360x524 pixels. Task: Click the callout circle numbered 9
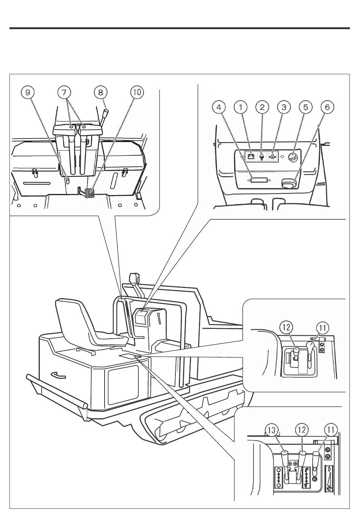pos(28,92)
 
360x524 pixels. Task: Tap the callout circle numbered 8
pos(100,92)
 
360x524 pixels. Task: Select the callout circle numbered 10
pos(137,92)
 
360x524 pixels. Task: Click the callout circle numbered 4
pos(219,107)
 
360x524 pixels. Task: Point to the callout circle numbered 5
pos(305,107)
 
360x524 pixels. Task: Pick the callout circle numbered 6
pos(327,107)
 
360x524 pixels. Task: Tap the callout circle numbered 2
pos(262,107)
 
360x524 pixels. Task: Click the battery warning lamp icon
pos(251,156)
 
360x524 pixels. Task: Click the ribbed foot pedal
pos(88,193)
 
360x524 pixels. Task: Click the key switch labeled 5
pos(294,158)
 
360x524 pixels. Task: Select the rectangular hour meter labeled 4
pos(258,180)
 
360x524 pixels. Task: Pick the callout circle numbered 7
pos(64,92)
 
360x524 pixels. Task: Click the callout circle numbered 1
pos(241,107)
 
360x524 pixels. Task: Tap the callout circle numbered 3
pos(284,107)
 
